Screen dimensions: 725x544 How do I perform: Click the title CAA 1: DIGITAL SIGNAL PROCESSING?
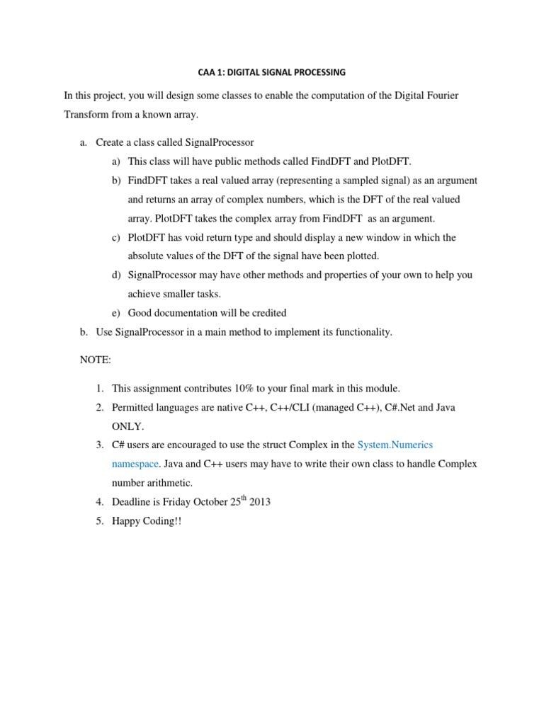click(271, 72)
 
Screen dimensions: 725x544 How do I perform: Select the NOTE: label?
click(96, 360)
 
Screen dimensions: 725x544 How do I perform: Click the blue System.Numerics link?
click(395, 445)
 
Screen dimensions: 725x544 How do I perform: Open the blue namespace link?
click(135, 464)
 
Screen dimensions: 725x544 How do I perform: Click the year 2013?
click(259, 503)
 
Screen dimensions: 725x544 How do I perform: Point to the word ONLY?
click(127, 426)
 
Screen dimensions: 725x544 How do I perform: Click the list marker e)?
click(116, 313)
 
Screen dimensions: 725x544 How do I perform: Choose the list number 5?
click(99, 522)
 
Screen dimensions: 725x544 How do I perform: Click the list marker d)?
click(116, 275)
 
